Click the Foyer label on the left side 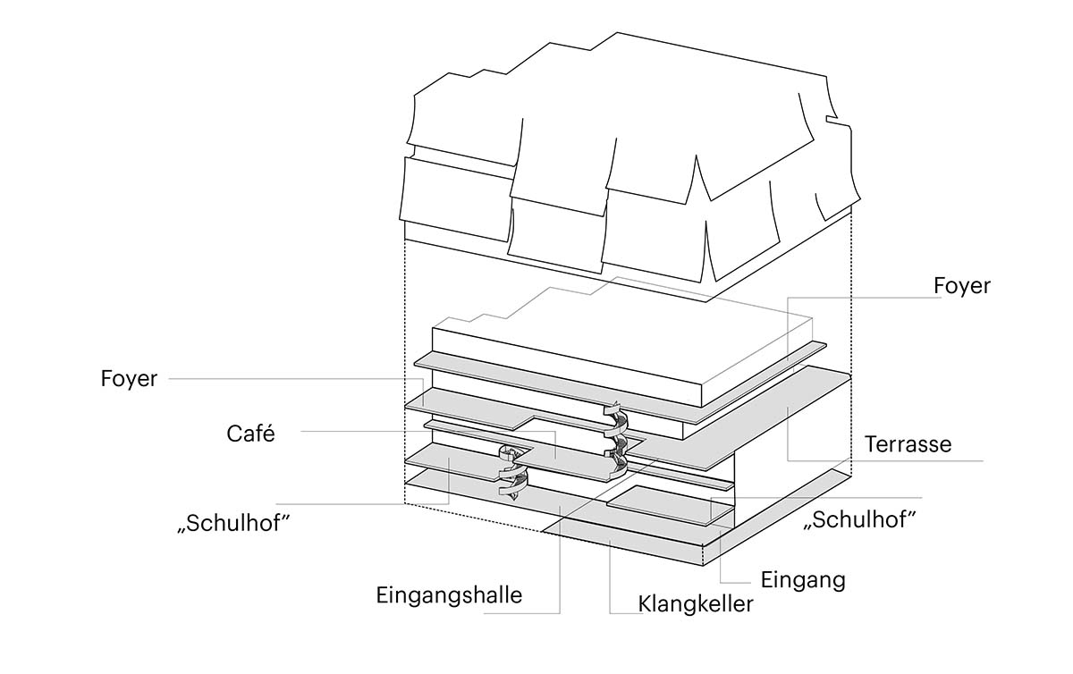pos(129,380)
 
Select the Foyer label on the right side pos(961,287)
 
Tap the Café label pos(249,434)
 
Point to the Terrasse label pos(908,443)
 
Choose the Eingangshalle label pos(449,595)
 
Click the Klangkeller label pos(696,603)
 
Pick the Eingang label pos(802,579)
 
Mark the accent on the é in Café pos(268,425)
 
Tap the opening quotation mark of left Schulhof pos(183,530)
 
